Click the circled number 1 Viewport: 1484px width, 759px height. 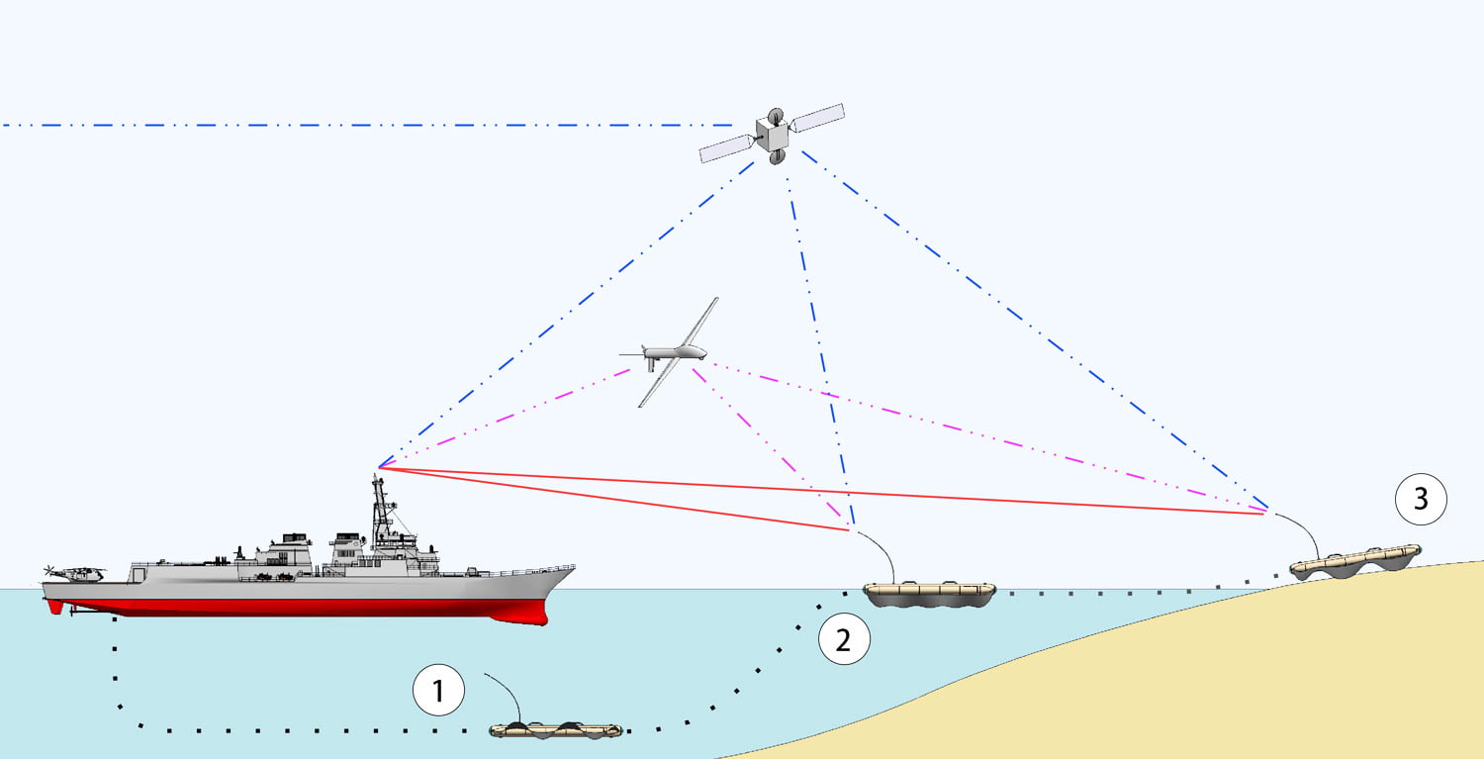[x=438, y=692]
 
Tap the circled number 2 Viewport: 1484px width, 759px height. [x=843, y=639]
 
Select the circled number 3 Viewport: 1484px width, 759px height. [x=1421, y=499]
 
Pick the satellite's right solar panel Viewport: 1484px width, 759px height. [x=818, y=117]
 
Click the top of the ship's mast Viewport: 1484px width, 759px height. [x=377, y=479]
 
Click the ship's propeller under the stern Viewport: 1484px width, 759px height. [x=72, y=612]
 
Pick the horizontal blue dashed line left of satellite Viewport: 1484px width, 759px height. [x=366, y=126]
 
